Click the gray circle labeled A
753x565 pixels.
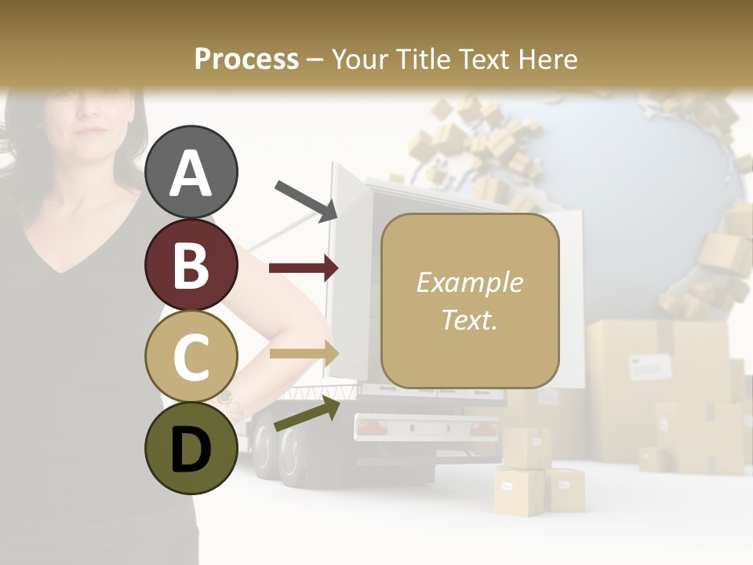tap(191, 172)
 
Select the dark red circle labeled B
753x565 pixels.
tap(191, 264)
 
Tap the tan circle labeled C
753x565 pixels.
tap(191, 357)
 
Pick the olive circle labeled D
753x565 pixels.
tap(191, 449)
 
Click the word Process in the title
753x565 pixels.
tap(246, 59)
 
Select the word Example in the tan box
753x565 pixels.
tap(469, 282)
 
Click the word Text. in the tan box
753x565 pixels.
tap(469, 320)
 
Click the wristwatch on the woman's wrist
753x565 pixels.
tap(227, 399)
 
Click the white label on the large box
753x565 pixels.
tap(650, 366)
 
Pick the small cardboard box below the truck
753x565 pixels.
tap(566, 488)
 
